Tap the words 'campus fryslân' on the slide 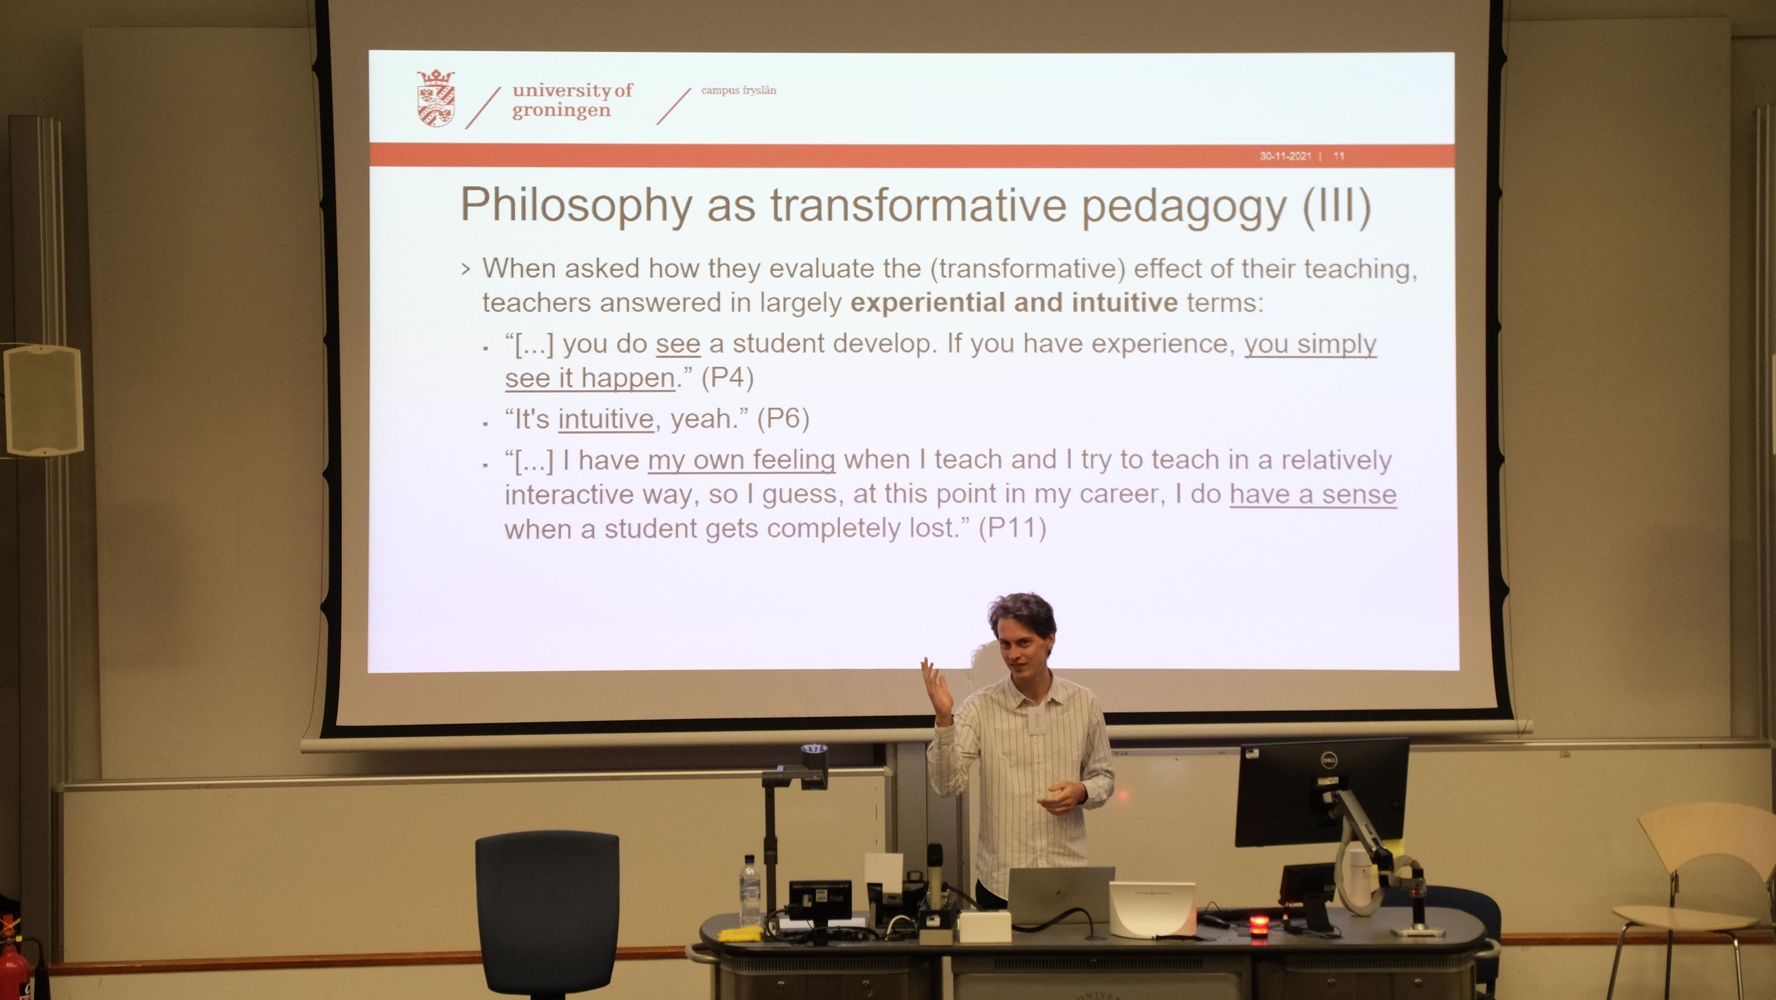point(739,90)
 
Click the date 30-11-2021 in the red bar point(1285,156)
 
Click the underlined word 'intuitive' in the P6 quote point(606,419)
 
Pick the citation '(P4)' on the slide point(727,378)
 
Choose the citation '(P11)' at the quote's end point(1012,528)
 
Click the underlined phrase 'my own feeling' point(741,460)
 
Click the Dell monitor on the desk point(1321,792)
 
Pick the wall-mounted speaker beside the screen point(43,399)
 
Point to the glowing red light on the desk point(1258,923)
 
